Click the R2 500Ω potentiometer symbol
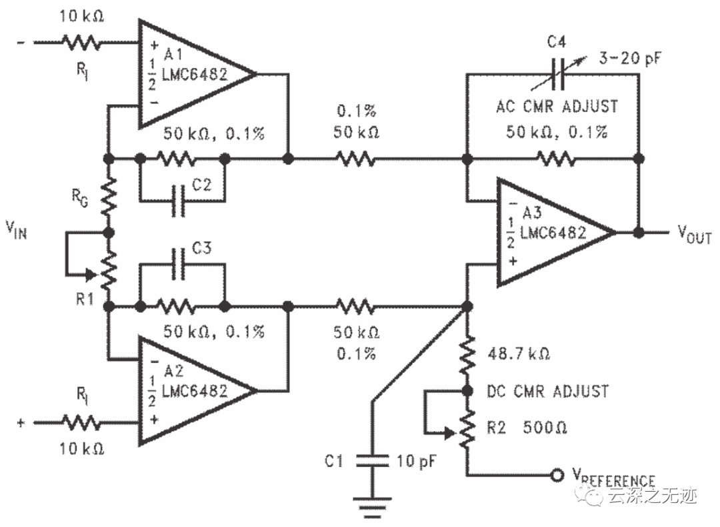[467, 428]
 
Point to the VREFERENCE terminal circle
[554, 476]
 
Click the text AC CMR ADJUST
[556, 106]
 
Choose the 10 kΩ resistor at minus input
[81, 43]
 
